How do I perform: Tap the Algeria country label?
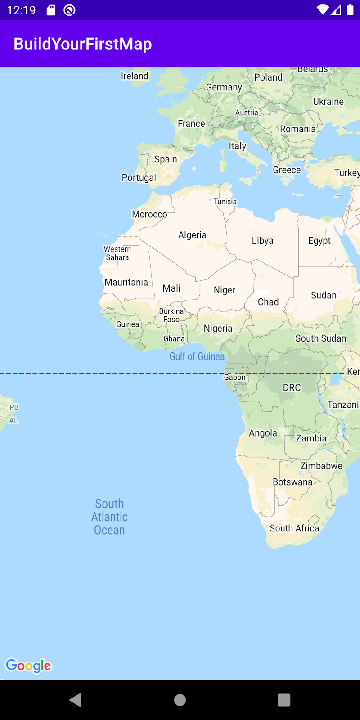pyautogui.click(x=192, y=235)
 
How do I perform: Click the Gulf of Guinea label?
pyautogui.click(x=197, y=356)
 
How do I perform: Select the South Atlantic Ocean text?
pyautogui.click(x=109, y=517)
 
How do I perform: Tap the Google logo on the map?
pyautogui.click(x=28, y=666)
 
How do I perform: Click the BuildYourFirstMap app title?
pyautogui.click(x=83, y=44)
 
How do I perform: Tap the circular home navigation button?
pyautogui.click(x=180, y=700)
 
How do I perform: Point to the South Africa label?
pyautogui.click(x=294, y=528)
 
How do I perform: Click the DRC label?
pyautogui.click(x=292, y=387)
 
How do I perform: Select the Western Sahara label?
pyautogui.click(x=117, y=253)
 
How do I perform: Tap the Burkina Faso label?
pyautogui.click(x=171, y=315)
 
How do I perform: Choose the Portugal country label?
pyautogui.click(x=139, y=178)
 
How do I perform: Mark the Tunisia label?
pyautogui.click(x=225, y=202)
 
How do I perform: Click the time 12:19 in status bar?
pyautogui.click(x=21, y=10)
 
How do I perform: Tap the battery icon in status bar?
pyautogui.click(x=350, y=10)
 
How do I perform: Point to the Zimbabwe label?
pyautogui.click(x=321, y=466)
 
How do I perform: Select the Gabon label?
pyautogui.click(x=235, y=377)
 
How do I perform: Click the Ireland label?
pyautogui.click(x=135, y=76)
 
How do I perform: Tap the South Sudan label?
pyautogui.click(x=320, y=338)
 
